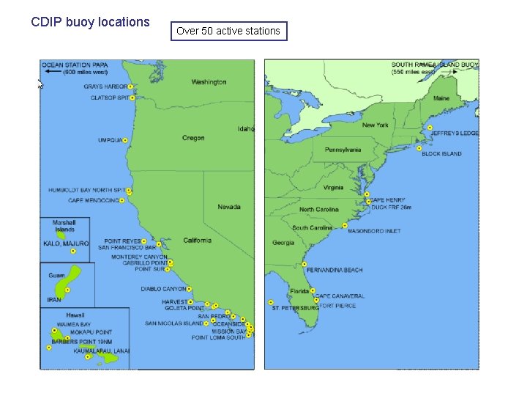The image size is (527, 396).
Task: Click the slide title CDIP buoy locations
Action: [90, 22]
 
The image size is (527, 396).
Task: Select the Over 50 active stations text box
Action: [228, 31]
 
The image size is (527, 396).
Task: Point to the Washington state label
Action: [209, 82]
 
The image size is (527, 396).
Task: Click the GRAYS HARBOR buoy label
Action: [105, 87]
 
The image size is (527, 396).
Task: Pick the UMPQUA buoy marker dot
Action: [125, 140]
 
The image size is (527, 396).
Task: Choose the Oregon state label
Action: [193, 138]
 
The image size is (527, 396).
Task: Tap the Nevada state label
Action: [229, 207]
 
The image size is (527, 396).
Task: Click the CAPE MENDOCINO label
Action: [93, 200]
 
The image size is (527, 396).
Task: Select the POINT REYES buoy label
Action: [122, 241]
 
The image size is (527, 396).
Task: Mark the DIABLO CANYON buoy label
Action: [163, 289]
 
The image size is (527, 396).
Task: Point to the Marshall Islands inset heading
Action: [64, 226]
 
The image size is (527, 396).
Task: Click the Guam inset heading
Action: [56, 275]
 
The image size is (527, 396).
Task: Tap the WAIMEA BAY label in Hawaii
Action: [74, 324]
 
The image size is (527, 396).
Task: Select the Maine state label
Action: [441, 98]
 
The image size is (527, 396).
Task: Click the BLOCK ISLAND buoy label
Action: [442, 154]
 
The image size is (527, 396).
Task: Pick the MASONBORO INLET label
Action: [374, 231]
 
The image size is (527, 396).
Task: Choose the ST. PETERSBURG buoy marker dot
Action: [271, 302]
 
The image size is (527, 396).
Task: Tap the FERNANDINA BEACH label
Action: [334, 271]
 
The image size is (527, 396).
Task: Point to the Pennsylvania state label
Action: [343, 150]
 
